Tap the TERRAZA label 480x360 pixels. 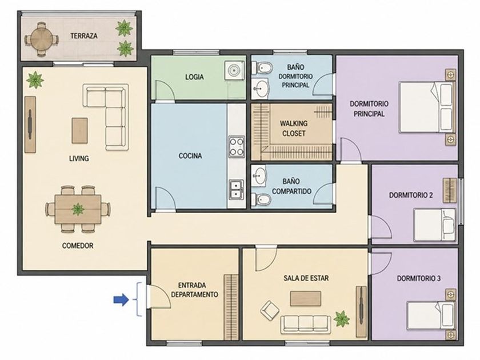click(84, 36)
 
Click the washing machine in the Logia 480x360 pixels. click(235, 70)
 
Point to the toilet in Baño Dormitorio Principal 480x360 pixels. click(262, 68)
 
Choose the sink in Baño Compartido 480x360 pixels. click(259, 176)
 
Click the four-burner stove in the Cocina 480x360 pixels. click(237, 147)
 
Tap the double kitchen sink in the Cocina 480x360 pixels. click(237, 189)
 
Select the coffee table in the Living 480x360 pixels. click(79, 131)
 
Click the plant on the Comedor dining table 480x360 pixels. click(78, 209)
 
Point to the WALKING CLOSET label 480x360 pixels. click(294, 129)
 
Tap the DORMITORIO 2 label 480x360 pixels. click(411, 195)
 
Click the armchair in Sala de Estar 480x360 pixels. click(270, 310)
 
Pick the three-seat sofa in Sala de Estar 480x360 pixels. click(306, 324)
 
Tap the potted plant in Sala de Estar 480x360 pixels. click(342, 319)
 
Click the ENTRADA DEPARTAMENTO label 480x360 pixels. click(194, 290)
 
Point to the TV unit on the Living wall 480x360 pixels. click(30, 125)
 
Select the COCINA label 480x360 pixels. click(190, 156)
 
